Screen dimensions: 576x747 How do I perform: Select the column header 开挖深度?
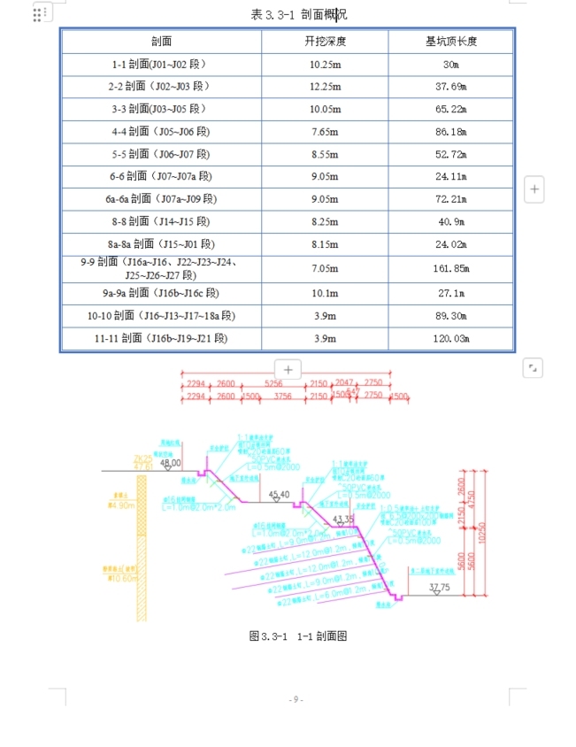click(325, 42)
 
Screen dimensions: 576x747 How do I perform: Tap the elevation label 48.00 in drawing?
click(170, 463)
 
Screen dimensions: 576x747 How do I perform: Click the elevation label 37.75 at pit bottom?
click(439, 587)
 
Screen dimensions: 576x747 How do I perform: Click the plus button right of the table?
click(534, 189)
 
